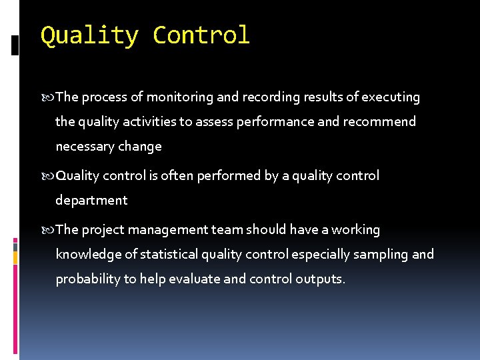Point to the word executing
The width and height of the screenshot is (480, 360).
pos(391,98)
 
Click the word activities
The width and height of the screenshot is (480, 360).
pos(160,122)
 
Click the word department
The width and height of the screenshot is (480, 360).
pos(91,201)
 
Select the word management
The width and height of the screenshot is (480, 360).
pos(172,230)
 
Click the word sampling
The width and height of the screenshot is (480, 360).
pos(382,255)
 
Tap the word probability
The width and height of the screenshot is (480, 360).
pos(88,279)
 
